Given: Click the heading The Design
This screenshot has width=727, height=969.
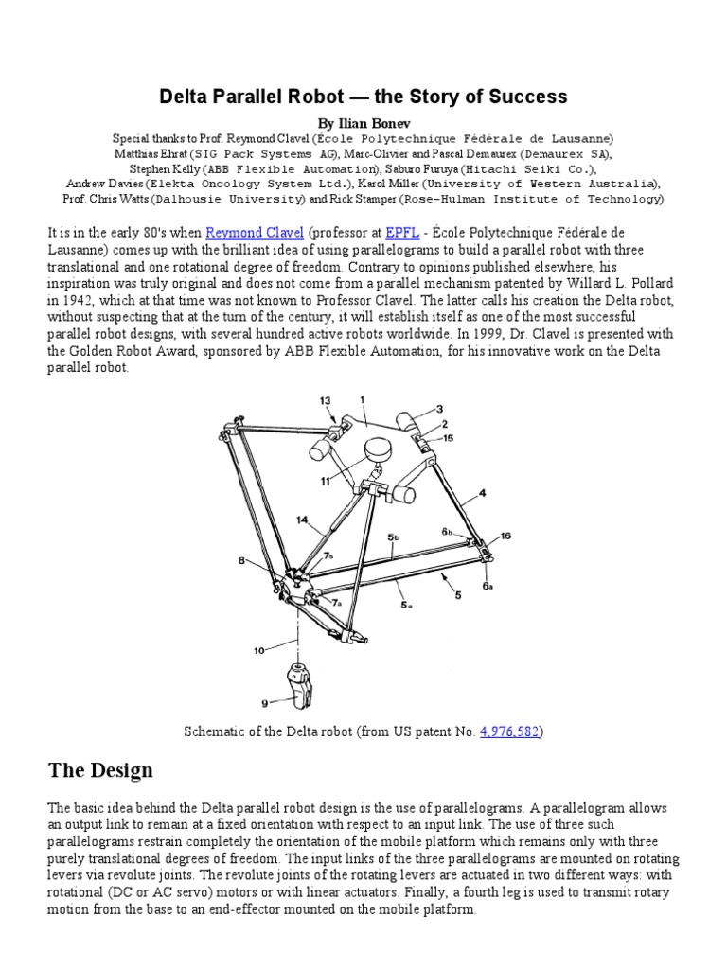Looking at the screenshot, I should [99, 770].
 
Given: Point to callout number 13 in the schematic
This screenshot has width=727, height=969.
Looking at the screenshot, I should [326, 402].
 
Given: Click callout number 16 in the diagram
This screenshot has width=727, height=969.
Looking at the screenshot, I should [505, 536].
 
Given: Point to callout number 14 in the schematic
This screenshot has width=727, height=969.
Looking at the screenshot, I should [302, 519].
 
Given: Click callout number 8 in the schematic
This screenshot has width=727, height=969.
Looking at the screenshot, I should [243, 561].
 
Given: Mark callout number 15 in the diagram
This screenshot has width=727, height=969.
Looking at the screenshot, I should [449, 437].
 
